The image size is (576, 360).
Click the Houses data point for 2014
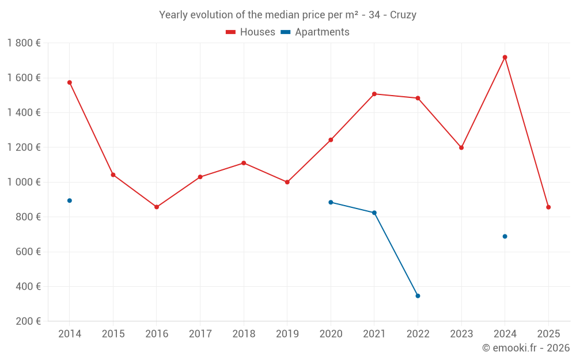(70, 82)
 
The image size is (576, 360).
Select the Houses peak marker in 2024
(505, 57)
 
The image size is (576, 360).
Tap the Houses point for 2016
(157, 207)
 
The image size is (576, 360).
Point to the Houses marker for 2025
(548, 207)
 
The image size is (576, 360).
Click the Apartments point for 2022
(418, 295)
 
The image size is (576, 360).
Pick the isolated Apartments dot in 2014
(70, 200)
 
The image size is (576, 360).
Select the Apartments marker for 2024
(505, 236)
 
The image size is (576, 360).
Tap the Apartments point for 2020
(331, 202)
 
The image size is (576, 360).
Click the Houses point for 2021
(374, 94)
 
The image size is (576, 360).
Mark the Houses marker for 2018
(244, 163)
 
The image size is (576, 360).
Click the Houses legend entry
(251, 32)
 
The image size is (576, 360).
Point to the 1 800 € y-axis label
(24, 43)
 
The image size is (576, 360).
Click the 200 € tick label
(28, 321)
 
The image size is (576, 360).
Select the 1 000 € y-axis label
(24, 182)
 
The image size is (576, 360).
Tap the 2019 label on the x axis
(287, 334)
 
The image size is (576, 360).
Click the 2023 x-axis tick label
(461, 334)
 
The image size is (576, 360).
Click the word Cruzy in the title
(403, 15)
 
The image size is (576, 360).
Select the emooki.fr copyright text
(526, 348)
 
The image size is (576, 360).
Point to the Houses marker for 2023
(461, 147)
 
